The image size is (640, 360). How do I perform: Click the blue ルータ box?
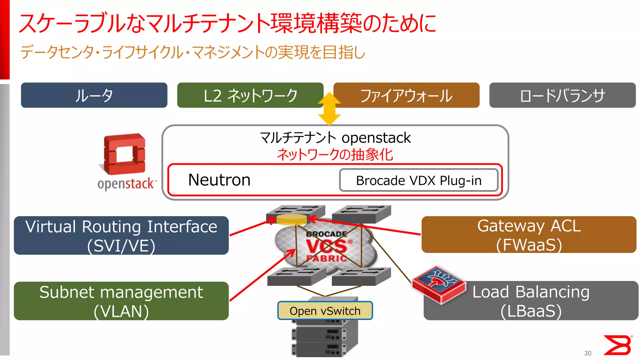[x=94, y=95]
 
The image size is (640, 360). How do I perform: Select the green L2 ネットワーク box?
[x=250, y=95]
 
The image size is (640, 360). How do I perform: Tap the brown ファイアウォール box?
[x=406, y=95]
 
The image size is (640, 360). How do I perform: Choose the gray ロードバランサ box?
[x=562, y=95]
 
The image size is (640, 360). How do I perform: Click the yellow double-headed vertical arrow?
[x=329, y=109]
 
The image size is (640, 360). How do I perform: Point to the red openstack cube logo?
[x=124, y=154]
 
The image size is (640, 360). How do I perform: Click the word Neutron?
[x=219, y=180]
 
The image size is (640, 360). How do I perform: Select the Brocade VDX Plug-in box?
[x=419, y=180]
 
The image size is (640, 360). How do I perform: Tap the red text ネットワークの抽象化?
[x=335, y=154]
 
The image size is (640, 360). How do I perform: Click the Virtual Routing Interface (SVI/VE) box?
[x=121, y=235]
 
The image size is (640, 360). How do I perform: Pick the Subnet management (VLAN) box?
[x=121, y=301]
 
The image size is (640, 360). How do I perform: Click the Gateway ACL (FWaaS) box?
[x=529, y=235]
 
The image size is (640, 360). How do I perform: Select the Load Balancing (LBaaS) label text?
[x=531, y=301]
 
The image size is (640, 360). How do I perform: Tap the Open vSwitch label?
[x=325, y=311]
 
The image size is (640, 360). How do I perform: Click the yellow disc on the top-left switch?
[x=292, y=219]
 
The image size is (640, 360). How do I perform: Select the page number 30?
[x=587, y=353]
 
